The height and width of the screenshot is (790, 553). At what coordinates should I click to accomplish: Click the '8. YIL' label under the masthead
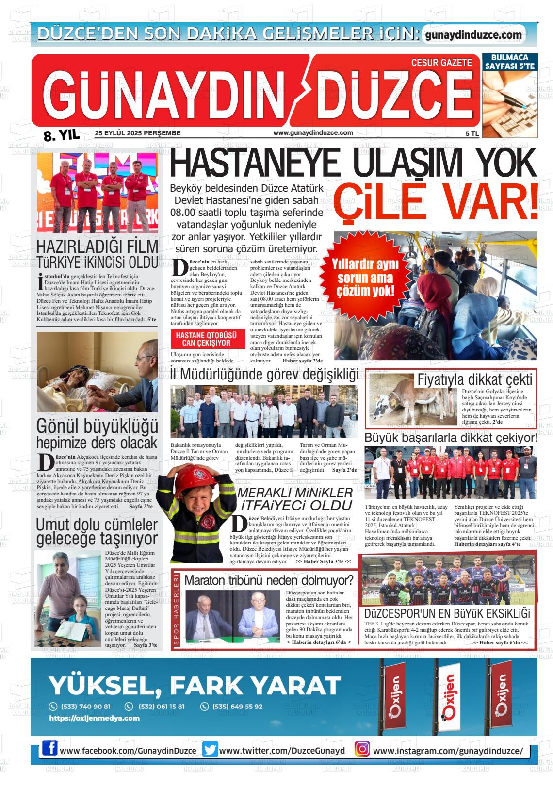pos(61,136)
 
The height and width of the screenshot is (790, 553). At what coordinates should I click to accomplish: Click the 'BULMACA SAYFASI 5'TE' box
pos(509,61)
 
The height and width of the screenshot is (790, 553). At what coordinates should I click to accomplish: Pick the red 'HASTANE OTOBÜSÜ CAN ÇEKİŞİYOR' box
pos(206,339)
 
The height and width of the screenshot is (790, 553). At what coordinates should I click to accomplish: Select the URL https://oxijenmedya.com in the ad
pos(95,718)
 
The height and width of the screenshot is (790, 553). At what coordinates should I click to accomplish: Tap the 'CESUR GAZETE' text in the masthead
pos(441,62)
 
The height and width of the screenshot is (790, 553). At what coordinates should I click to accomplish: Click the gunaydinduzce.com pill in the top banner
pos(473,34)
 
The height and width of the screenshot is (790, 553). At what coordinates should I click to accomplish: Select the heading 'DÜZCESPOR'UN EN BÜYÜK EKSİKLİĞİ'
pos(447,613)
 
